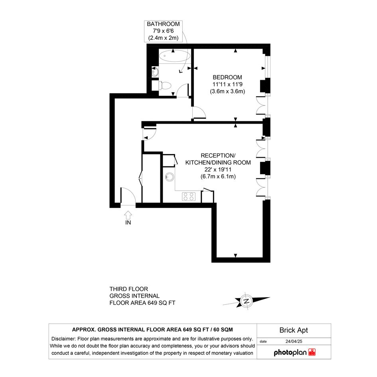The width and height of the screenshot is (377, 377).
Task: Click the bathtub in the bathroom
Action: click(175, 56)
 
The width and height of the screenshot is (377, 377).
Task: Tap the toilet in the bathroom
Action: click(164, 85)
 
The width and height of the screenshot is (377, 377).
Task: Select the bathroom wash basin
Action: click(155, 71)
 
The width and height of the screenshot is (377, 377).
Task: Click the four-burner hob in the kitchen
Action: click(189, 196)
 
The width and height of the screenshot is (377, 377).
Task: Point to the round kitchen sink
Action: click(170, 177)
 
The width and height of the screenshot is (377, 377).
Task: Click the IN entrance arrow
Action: click(128, 215)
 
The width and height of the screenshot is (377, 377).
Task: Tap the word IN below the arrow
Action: click(128, 223)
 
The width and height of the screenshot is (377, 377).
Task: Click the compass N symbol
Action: click(246, 301)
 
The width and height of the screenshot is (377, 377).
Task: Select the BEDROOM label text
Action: click(227, 77)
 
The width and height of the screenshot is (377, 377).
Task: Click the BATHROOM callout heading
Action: click(163, 24)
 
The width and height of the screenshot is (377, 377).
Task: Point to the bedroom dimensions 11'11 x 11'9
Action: click(227, 85)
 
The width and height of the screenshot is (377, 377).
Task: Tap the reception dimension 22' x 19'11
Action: click(218, 170)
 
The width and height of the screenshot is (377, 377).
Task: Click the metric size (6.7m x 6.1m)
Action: click(218, 176)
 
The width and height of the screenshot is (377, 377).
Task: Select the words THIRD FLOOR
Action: click(128, 289)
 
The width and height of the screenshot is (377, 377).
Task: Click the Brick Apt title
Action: click(294, 330)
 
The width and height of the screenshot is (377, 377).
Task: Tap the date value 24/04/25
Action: click(294, 341)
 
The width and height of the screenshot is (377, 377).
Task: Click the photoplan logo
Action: click(294, 353)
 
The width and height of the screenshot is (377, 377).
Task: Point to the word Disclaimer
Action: click(63, 339)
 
